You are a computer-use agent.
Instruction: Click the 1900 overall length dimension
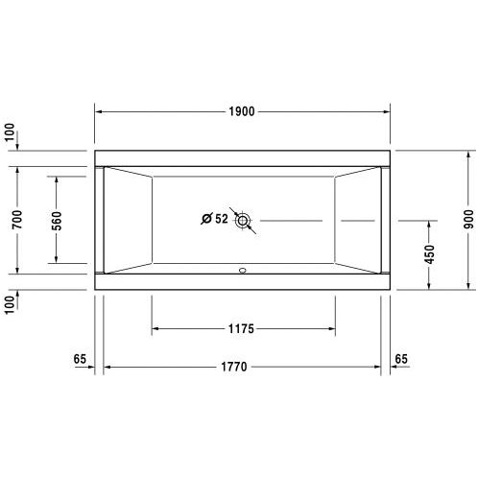pos(242,111)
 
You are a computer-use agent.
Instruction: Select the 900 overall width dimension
pos(468,219)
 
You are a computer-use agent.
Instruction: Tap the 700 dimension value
pos(17,219)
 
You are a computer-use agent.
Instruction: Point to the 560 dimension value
pos(57,221)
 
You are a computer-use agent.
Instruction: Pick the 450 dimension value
pos(429,254)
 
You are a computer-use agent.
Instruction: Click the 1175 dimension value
pos(241,328)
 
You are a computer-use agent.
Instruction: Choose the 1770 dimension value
pos(234,367)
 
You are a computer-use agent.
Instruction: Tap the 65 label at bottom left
pos(80,359)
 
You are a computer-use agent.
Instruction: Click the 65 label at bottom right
pos(401,359)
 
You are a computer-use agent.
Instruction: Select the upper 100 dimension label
pos(10,132)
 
